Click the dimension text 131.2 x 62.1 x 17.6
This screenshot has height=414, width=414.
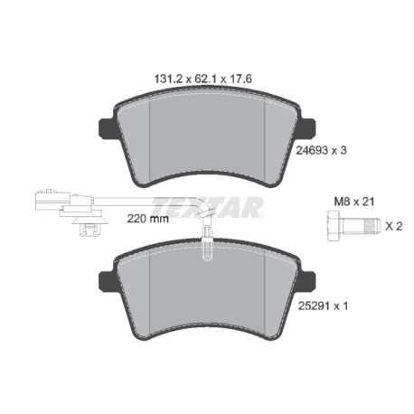point(203,80)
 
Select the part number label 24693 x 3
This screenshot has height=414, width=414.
point(321,150)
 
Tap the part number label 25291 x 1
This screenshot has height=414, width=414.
point(323,306)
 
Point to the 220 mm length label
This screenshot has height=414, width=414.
point(147,219)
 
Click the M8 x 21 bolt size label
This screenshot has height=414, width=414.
point(354,202)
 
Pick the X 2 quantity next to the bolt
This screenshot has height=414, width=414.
point(393,226)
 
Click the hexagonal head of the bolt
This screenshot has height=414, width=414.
point(334,226)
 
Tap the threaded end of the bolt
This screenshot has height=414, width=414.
point(372,226)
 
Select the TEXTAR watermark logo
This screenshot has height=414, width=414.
point(208,207)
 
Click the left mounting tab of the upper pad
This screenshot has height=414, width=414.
point(106,128)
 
